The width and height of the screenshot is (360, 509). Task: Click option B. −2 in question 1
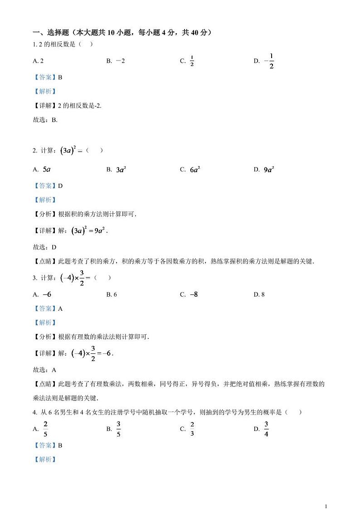[x=115, y=61]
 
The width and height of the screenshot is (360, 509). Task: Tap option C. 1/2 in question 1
[x=187, y=61]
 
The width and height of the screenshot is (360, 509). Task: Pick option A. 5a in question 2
[x=42, y=169]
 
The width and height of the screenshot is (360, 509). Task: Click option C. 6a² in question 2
[x=190, y=170]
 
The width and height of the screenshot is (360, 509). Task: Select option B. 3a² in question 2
[x=116, y=170]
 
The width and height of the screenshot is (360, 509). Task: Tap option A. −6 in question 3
[x=42, y=294]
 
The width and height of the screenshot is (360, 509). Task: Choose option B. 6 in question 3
[x=112, y=294]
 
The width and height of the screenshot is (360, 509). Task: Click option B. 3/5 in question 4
[x=114, y=429]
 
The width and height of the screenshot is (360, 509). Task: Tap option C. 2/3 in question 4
[x=187, y=429]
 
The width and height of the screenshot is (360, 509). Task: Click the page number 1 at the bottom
[x=326, y=493]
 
